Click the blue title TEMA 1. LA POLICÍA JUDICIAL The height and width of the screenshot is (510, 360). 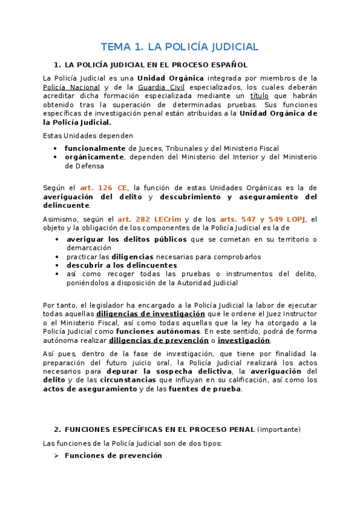tap(180, 46)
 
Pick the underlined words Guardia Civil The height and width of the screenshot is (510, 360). tap(160, 87)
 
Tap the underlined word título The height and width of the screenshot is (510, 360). tap(260, 96)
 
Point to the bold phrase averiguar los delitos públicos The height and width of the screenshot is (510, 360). tap(126, 239)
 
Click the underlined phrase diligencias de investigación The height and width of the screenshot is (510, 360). tap(150, 314)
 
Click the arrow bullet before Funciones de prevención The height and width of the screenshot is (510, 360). tap(56, 455)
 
